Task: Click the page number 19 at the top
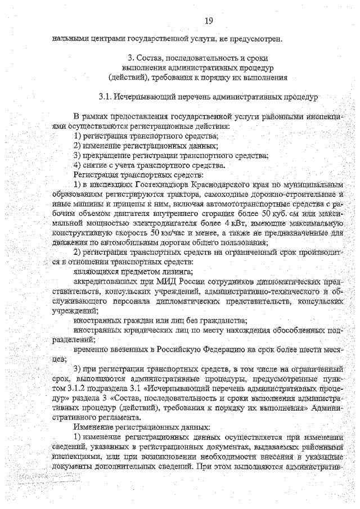pos(209,21)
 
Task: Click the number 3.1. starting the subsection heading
pos(105,97)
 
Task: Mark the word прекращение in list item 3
pos(111,156)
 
